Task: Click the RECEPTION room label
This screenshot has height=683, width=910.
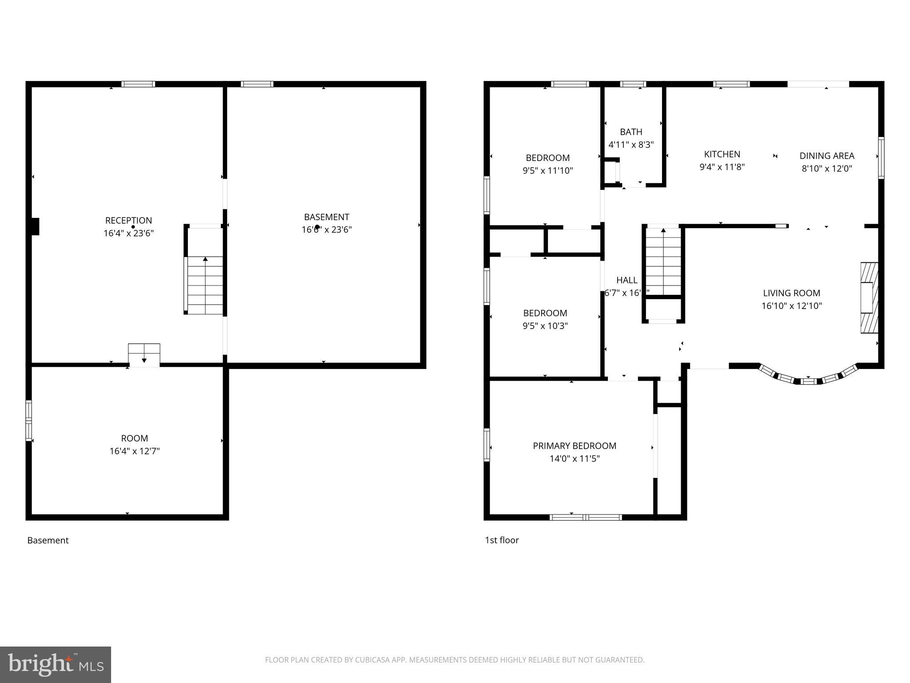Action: tap(128, 221)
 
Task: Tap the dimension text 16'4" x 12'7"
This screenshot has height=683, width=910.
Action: tap(135, 451)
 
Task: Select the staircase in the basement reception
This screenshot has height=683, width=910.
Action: tap(205, 285)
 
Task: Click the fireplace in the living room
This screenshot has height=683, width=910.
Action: tap(869, 297)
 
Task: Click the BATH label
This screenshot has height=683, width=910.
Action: tap(631, 132)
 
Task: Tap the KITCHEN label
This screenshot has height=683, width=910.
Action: tap(722, 154)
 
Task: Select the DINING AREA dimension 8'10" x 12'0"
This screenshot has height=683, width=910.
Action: tap(827, 169)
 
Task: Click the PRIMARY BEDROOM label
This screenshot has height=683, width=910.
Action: tap(575, 446)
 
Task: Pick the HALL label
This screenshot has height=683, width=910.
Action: tap(627, 280)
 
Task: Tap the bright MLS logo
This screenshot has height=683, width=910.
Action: tap(56, 664)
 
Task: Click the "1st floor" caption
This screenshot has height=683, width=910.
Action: tap(502, 540)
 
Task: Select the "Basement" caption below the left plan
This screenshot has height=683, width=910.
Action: tap(48, 540)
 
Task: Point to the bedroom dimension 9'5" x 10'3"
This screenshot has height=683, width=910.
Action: tap(545, 326)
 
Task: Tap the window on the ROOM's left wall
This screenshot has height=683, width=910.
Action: tap(29, 420)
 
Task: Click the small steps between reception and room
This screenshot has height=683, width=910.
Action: tap(144, 354)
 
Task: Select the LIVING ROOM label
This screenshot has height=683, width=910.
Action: tap(791, 293)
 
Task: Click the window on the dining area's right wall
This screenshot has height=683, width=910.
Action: tap(881, 158)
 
